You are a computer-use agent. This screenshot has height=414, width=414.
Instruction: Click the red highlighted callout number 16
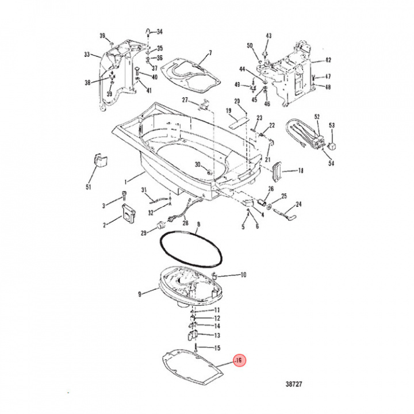point(240,361)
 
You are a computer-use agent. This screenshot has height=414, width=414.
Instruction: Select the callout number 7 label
point(210,53)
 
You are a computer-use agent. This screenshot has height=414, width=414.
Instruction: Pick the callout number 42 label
point(328,60)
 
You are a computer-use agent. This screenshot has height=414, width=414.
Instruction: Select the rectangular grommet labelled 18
point(277,171)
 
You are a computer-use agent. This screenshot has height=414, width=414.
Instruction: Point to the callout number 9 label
point(139,295)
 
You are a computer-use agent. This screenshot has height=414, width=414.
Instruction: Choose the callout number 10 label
point(243,275)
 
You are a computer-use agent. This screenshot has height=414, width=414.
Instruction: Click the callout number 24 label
point(298,204)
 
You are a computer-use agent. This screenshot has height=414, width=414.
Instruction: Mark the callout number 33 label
point(87,55)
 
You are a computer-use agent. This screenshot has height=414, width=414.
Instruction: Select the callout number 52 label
point(317,117)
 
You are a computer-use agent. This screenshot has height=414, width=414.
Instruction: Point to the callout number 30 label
point(198,164)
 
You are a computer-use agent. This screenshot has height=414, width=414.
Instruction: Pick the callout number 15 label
point(217,348)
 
